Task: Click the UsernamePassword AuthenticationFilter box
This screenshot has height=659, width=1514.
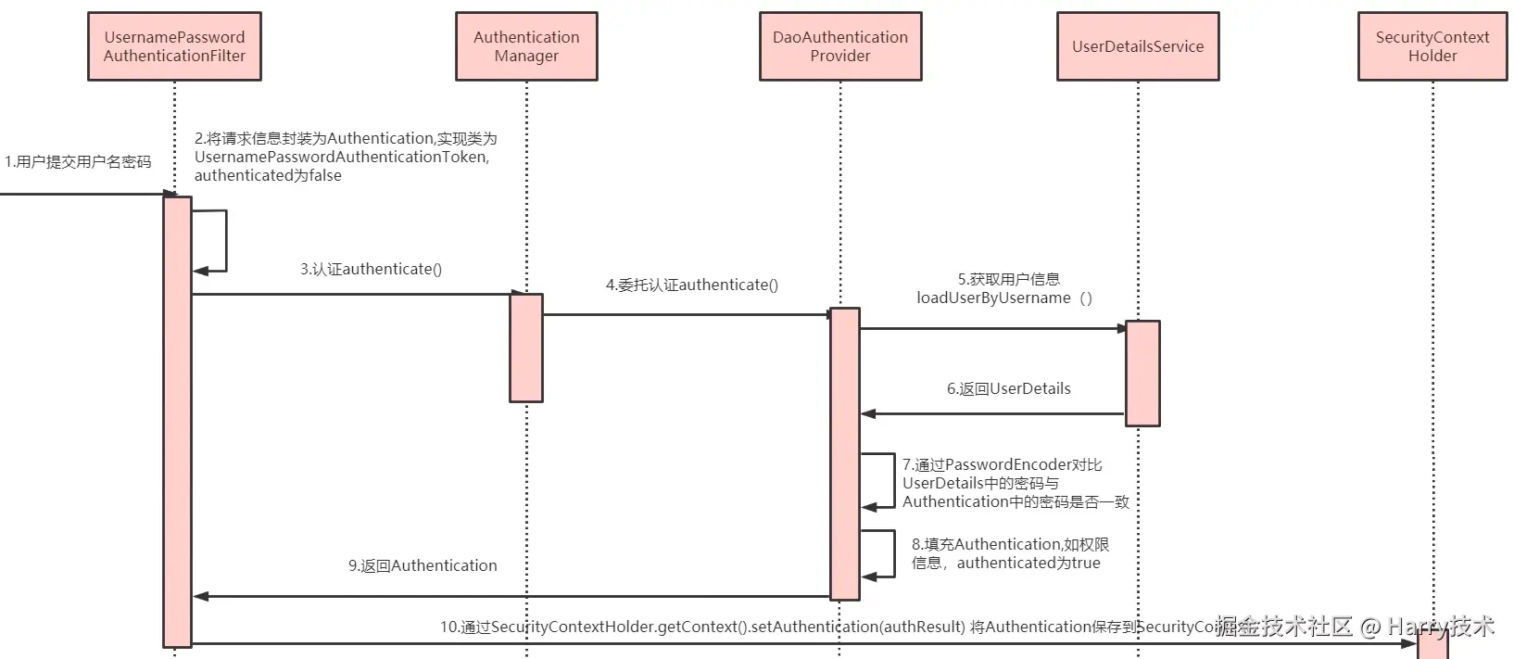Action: click(x=174, y=46)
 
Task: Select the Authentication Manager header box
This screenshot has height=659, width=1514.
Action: click(x=526, y=46)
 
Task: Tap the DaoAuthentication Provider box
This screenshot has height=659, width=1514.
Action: click(x=840, y=46)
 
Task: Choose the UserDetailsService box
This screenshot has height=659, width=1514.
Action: click(x=1138, y=46)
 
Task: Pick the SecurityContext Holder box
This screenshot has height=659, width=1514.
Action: click(x=1432, y=46)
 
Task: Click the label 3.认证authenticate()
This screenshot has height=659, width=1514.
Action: click(x=371, y=270)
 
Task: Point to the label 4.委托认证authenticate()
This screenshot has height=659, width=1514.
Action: click(x=692, y=285)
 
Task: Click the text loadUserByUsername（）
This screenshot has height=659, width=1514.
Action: click(x=1004, y=298)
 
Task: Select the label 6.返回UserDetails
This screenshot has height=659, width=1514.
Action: click(x=1008, y=389)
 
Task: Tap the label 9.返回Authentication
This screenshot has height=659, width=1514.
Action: click(x=423, y=565)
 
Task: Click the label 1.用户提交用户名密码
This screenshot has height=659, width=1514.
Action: click(x=78, y=162)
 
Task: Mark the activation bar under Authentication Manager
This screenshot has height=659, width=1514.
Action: click(x=526, y=348)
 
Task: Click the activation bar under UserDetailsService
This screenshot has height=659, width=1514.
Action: click(x=1142, y=374)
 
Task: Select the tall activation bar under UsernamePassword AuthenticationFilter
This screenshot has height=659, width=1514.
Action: click(x=177, y=422)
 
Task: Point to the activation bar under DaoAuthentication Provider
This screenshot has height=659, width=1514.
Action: click(x=844, y=454)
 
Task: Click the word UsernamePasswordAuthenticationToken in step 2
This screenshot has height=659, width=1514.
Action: click(x=340, y=158)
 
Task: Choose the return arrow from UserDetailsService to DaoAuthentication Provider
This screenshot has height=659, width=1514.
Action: click(x=991, y=414)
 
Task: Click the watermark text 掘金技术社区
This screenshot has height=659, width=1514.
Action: click(x=1284, y=627)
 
